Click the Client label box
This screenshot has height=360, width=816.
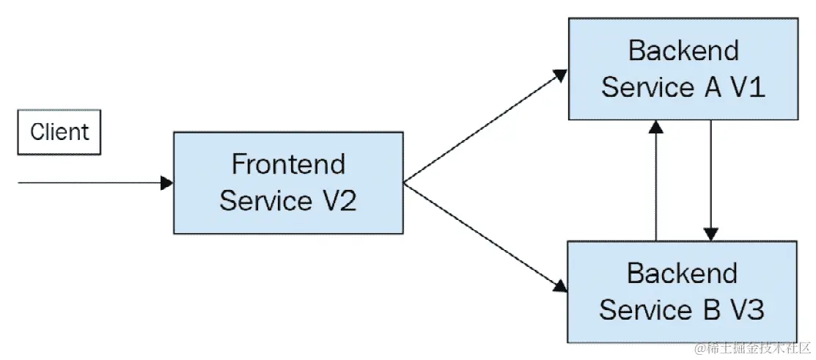point(59,133)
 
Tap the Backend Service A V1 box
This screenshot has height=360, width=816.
point(683,68)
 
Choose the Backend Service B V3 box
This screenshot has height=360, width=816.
point(681,292)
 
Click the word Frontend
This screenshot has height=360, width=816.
point(288,164)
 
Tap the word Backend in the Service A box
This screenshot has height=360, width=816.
point(683,51)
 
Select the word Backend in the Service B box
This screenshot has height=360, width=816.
point(682,273)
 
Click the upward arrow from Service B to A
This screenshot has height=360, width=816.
point(656,183)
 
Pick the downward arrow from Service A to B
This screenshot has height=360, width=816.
point(710,180)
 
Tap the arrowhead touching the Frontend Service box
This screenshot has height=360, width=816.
point(166,183)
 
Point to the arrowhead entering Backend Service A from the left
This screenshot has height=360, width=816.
point(560,74)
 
